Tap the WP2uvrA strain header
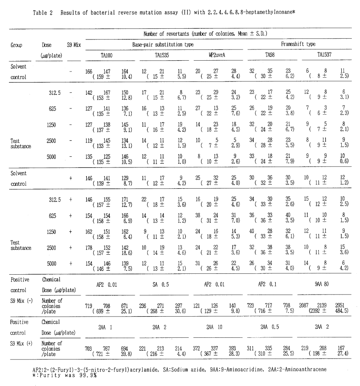(215, 54)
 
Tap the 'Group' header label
(17, 45)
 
